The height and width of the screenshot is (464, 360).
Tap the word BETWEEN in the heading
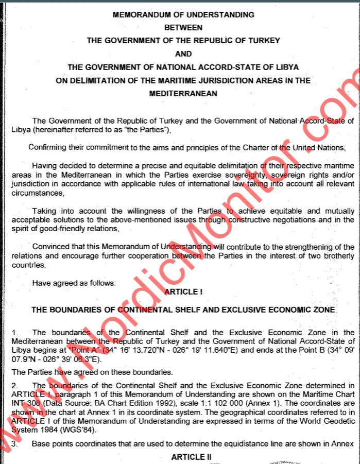tap(183, 27)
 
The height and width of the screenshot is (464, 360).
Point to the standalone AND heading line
tap(183, 54)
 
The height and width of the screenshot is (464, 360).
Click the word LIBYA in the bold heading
tap(287, 67)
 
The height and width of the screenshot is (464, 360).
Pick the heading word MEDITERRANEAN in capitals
tap(183, 93)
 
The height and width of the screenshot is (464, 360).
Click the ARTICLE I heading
tap(183, 291)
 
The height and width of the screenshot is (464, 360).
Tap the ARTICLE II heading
tap(184, 457)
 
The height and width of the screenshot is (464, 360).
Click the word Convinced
tap(50, 246)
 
